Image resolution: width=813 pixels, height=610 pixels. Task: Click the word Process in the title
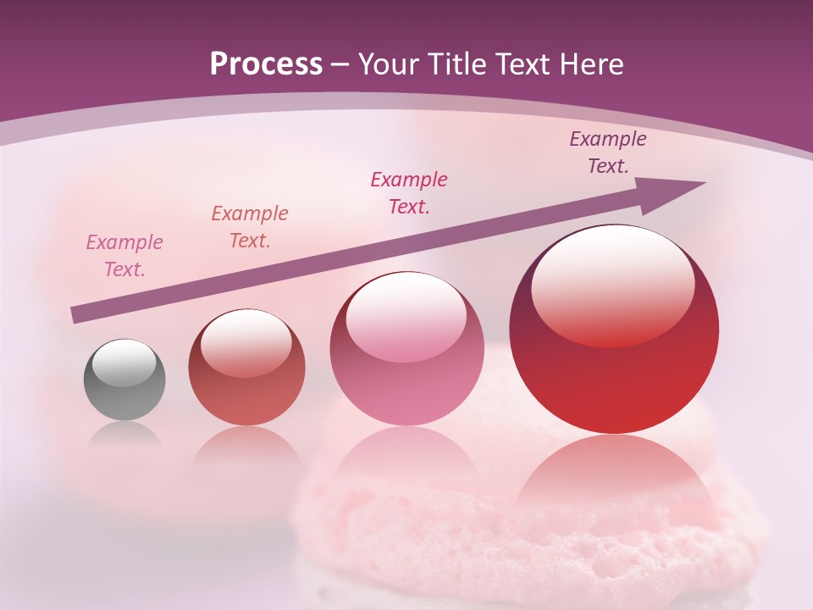266,65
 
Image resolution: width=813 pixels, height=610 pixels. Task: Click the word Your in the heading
391,65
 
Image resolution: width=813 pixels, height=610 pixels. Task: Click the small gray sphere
124,380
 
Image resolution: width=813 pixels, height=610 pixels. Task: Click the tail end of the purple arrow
78,315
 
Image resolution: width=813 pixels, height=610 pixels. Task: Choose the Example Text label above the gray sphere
124,256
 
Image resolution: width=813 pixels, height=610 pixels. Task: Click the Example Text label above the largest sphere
608,152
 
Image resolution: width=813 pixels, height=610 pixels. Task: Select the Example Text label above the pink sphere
409,192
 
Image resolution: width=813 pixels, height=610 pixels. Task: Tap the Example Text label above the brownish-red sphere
250,226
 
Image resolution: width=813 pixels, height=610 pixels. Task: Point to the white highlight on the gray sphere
124,363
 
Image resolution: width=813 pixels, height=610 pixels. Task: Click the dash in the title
340,65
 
